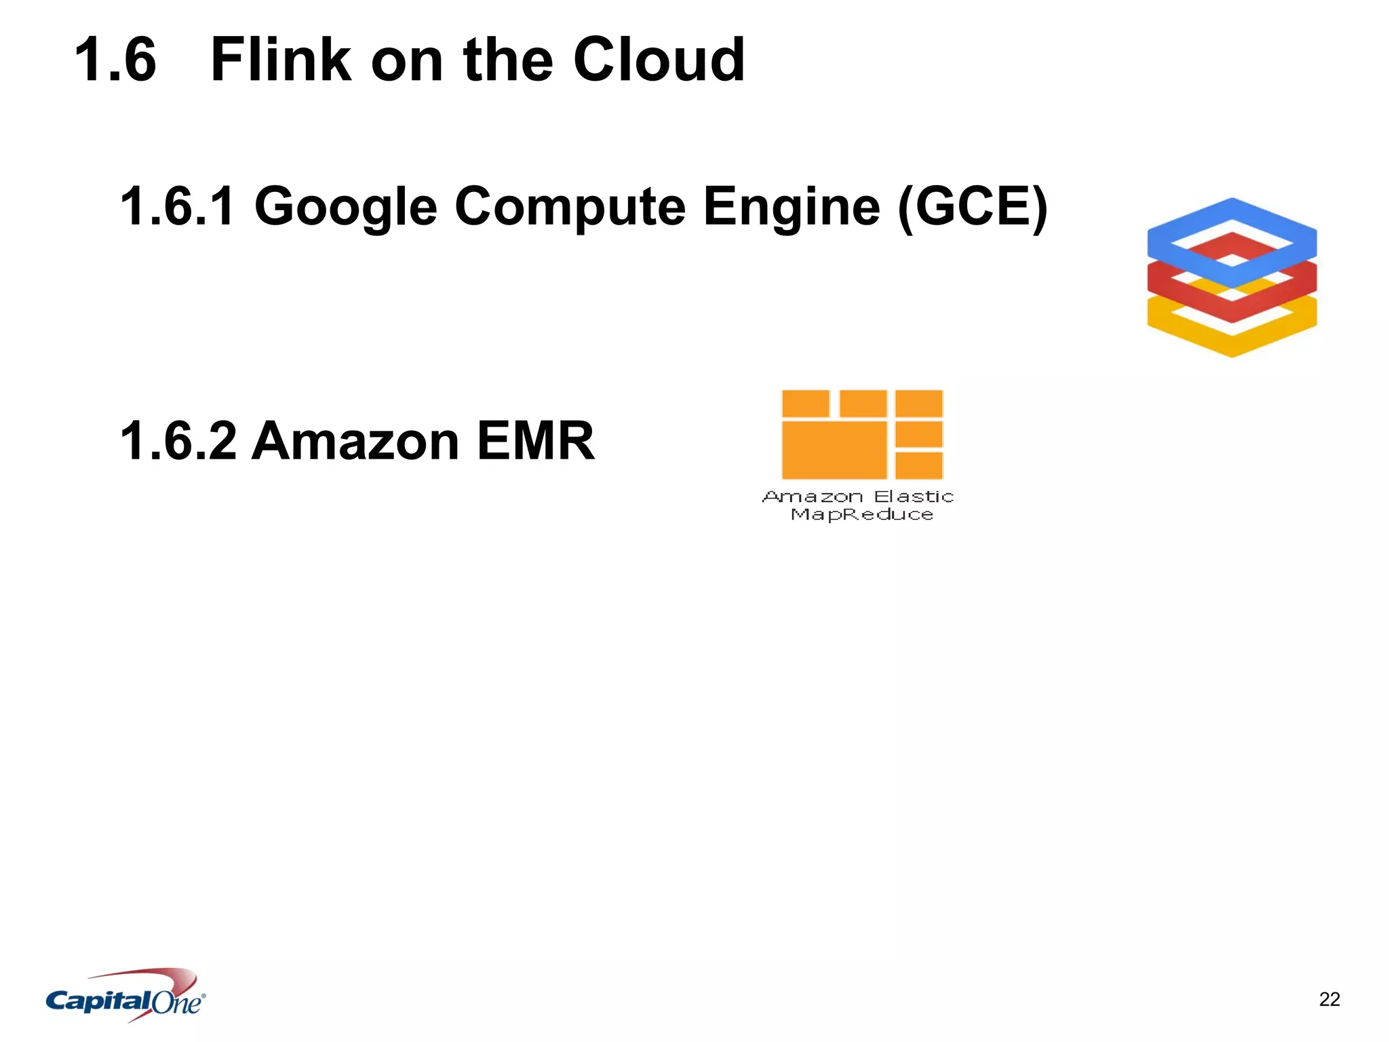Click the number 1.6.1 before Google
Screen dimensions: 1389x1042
click(x=178, y=206)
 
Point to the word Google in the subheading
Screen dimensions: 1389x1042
click(x=346, y=207)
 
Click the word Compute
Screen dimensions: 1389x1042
click(x=570, y=207)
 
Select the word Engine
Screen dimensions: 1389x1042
click(x=791, y=207)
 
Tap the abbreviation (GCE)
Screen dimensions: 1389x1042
click(x=972, y=207)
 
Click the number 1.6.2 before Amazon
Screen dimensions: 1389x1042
click(x=178, y=441)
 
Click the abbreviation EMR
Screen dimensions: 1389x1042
click(x=536, y=441)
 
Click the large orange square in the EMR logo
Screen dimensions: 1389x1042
click(x=834, y=450)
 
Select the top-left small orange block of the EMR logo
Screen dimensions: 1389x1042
click(x=805, y=404)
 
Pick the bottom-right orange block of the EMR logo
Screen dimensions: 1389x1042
click(x=919, y=465)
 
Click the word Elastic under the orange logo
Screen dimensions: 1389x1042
click(x=914, y=497)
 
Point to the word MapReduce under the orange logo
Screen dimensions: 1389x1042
click(x=862, y=514)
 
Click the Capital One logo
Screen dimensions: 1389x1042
click(x=125, y=996)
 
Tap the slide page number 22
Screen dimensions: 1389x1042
click(x=1329, y=999)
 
